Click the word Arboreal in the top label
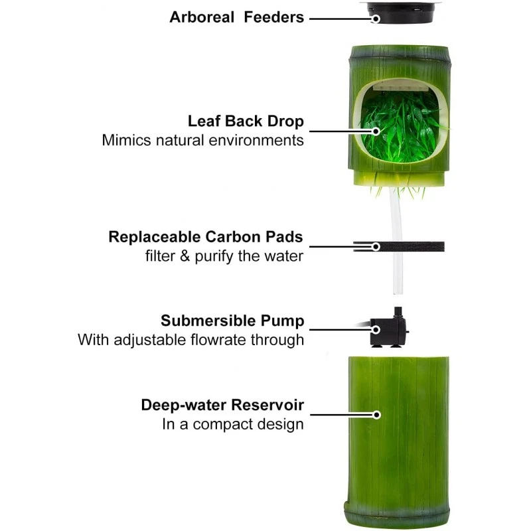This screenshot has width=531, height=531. pyautogui.click(x=202, y=17)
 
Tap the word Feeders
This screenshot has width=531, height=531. pyautogui.click(x=274, y=17)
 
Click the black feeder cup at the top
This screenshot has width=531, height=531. pyautogui.click(x=401, y=12)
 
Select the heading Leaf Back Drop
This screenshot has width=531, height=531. pyautogui.click(x=246, y=121)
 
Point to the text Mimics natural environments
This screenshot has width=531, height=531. pyautogui.click(x=203, y=140)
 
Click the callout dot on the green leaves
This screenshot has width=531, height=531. pyautogui.click(x=376, y=131)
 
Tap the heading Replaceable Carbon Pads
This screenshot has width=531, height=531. pyautogui.click(x=206, y=237)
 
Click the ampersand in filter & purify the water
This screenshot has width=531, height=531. pyautogui.click(x=185, y=256)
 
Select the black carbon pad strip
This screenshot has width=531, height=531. pyautogui.click(x=399, y=246)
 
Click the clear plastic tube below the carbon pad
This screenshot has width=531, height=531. pyautogui.click(x=398, y=273)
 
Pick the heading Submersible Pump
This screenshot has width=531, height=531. pyautogui.click(x=233, y=321)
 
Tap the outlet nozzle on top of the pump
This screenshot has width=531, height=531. pyautogui.click(x=398, y=312)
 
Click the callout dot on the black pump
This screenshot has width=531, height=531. pyautogui.click(x=376, y=329)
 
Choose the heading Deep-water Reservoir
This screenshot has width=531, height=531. pyautogui.click(x=222, y=405)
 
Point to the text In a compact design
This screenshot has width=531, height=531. pyautogui.click(x=233, y=424)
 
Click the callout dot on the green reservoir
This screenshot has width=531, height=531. pyautogui.click(x=376, y=415)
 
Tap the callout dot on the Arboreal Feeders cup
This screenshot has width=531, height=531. pyautogui.click(x=375, y=19)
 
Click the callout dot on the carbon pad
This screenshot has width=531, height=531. pyautogui.click(x=376, y=246)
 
